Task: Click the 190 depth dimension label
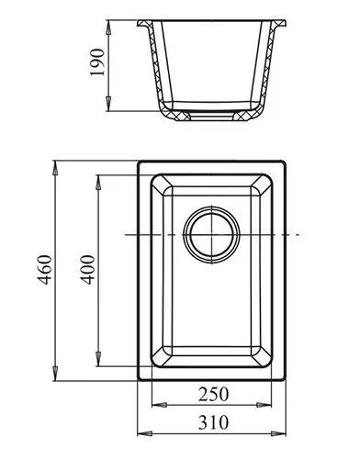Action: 98,62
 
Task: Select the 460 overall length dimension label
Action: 45,270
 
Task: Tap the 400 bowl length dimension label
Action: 88,270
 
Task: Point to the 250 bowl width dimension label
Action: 213,394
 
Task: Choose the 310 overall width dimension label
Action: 213,422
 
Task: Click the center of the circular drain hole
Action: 211,235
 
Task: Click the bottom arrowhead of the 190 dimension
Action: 108,104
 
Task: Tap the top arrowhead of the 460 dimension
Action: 55,168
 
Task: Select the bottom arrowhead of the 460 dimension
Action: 55,374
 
